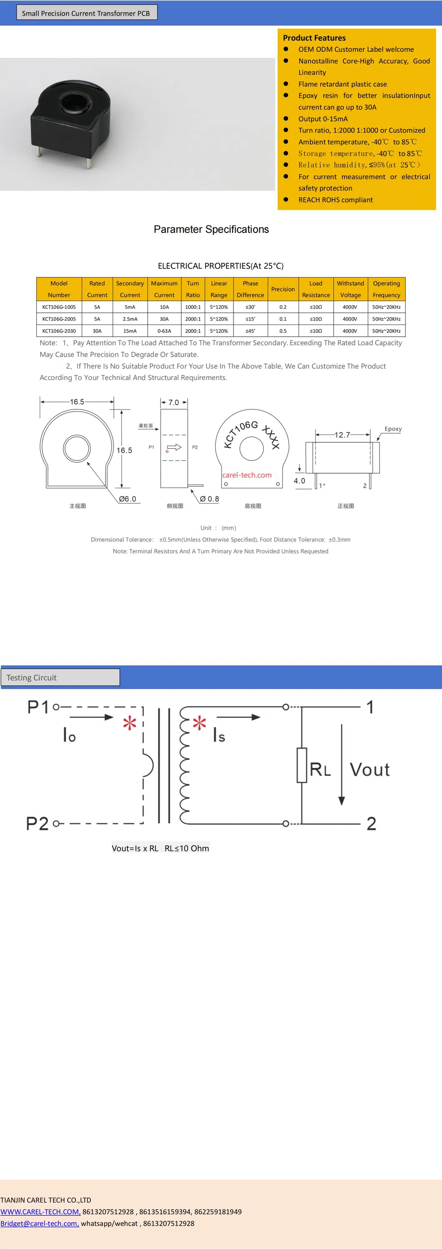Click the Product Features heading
pos(314,38)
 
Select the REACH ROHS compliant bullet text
pos(335,200)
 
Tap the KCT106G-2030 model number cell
pos(59,331)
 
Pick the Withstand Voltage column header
pos(350,289)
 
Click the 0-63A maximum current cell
pos(164,331)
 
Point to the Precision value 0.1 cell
pos(283,319)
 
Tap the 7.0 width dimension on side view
pos(173,402)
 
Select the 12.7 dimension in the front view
pos(342,435)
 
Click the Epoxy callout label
pos(393,429)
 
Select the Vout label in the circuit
pos(370,769)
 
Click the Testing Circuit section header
pos(32,677)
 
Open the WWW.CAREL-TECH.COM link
pos(40,1212)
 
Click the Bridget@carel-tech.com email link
pos(39,1223)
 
